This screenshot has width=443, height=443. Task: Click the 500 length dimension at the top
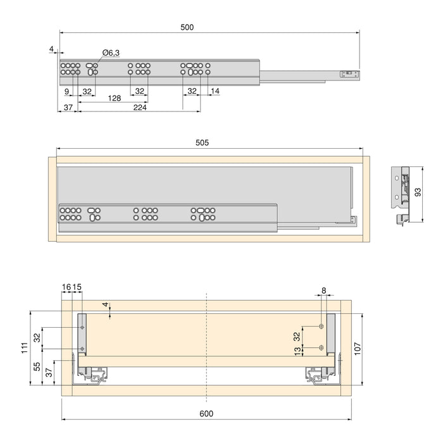click(x=187, y=27)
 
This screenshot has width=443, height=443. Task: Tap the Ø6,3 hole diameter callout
click(x=111, y=53)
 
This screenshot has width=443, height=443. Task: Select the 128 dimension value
click(x=114, y=98)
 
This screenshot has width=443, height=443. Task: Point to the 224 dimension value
click(x=140, y=108)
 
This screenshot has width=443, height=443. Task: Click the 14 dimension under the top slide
click(x=215, y=91)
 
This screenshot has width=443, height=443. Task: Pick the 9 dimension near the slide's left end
click(x=66, y=91)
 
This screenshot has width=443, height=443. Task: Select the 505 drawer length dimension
click(x=202, y=143)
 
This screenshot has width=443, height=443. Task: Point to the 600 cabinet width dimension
click(x=206, y=413)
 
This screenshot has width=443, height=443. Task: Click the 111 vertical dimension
click(x=23, y=347)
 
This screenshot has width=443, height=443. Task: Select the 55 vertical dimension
click(x=37, y=366)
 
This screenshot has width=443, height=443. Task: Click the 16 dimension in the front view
click(x=66, y=287)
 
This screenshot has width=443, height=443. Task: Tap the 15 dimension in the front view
click(x=77, y=287)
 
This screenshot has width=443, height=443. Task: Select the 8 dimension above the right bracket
click(x=324, y=291)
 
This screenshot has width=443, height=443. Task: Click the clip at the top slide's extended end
click(x=347, y=74)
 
